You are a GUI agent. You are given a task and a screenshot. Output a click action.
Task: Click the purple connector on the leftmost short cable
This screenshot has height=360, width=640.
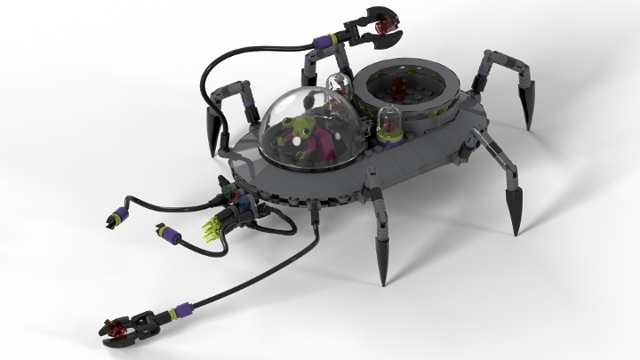(x=115, y=216)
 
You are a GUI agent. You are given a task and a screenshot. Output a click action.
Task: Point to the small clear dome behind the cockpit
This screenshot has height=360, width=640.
(x=339, y=86)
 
